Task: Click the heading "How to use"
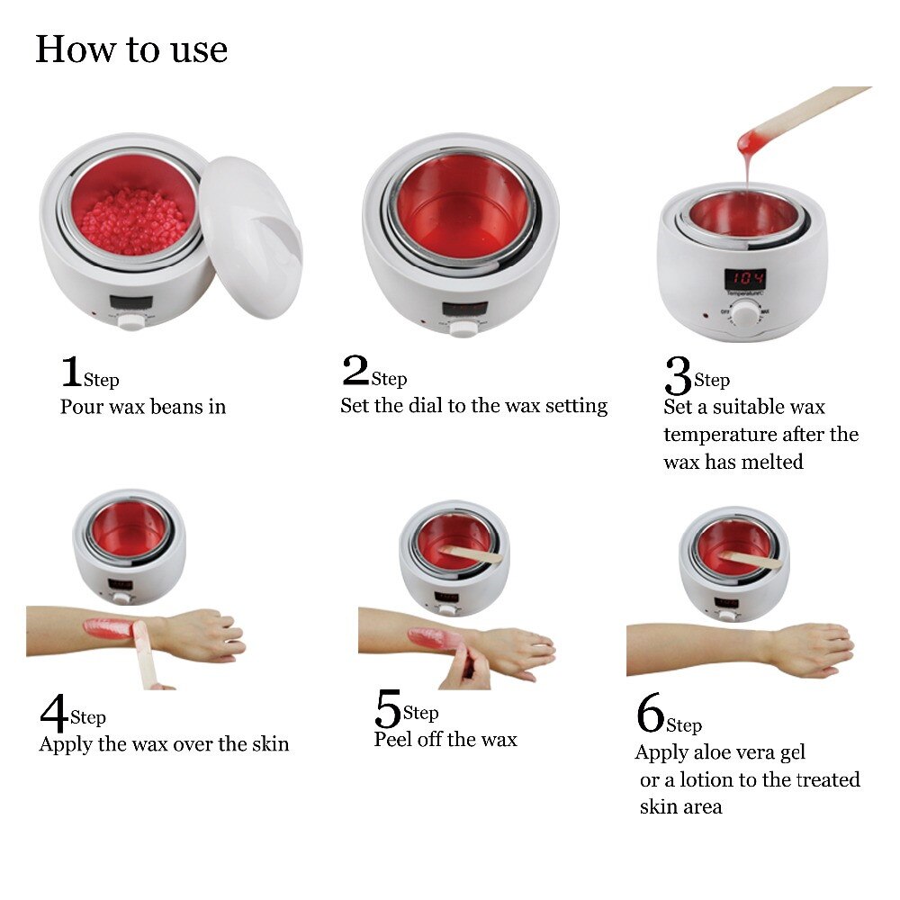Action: (131, 49)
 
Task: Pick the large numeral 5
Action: (388, 709)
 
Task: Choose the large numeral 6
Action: (650, 715)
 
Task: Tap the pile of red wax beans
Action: (133, 221)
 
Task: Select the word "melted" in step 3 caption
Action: (771, 462)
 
